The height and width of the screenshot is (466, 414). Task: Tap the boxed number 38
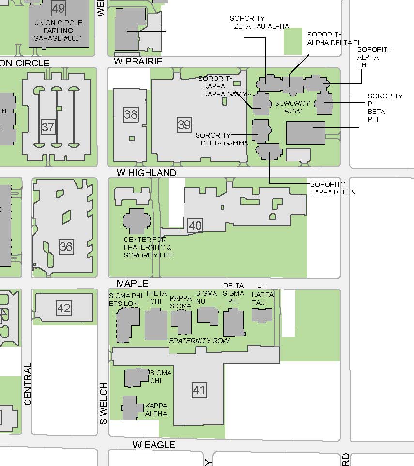tap(131, 115)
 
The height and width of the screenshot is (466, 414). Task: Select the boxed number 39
tap(184, 125)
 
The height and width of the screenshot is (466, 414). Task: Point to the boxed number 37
tap(48, 127)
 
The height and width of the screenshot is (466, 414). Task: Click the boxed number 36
tap(66, 247)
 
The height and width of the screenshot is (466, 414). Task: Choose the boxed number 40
tap(195, 225)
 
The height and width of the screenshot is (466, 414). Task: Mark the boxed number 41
tap(199, 390)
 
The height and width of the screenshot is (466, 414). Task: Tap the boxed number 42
tap(64, 308)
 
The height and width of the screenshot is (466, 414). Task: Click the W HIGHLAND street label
tap(147, 173)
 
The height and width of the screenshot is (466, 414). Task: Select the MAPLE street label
tap(132, 283)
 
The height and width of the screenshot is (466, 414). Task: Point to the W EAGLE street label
tap(154, 445)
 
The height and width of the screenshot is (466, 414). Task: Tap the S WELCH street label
tap(103, 403)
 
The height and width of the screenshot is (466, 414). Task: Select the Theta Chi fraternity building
tap(156, 324)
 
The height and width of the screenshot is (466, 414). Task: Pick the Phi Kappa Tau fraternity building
tap(262, 315)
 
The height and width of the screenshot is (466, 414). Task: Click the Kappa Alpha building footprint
tap(131, 408)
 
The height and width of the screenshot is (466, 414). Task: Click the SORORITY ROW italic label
tap(292, 107)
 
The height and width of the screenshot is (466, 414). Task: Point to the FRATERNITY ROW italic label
tap(199, 341)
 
